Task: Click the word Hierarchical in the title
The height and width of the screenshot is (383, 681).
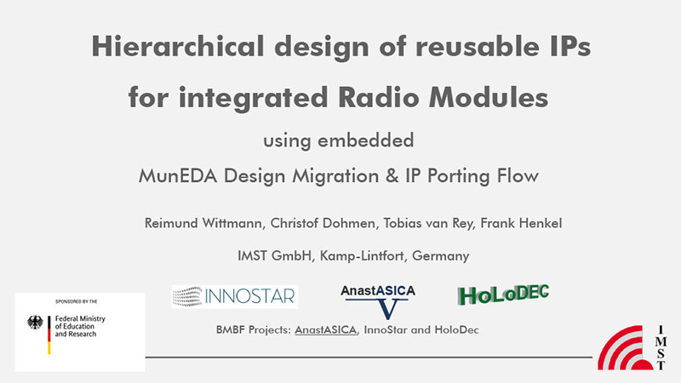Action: (178, 46)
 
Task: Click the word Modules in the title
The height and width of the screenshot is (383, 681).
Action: (489, 97)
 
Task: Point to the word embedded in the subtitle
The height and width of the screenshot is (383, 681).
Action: (366, 140)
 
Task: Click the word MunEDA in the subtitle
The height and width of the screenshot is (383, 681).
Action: (177, 176)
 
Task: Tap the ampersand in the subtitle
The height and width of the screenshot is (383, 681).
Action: (392, 176)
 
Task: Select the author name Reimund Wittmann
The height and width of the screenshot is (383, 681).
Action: (203, 223)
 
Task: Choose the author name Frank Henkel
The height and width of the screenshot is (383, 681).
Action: (521, 223)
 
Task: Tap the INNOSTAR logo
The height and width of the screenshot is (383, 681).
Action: (235, 296)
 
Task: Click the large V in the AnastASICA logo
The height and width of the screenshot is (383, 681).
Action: (387, 309)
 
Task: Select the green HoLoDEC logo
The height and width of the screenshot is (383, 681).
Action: (503, 294)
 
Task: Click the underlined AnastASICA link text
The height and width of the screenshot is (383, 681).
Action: (326, 330)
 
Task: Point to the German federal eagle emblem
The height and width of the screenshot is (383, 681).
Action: (35, 323)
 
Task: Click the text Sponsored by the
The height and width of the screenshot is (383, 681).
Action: (77, 301)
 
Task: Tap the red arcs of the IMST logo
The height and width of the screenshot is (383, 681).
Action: (626, 348)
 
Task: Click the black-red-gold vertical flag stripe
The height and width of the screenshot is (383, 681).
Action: (49, 334)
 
